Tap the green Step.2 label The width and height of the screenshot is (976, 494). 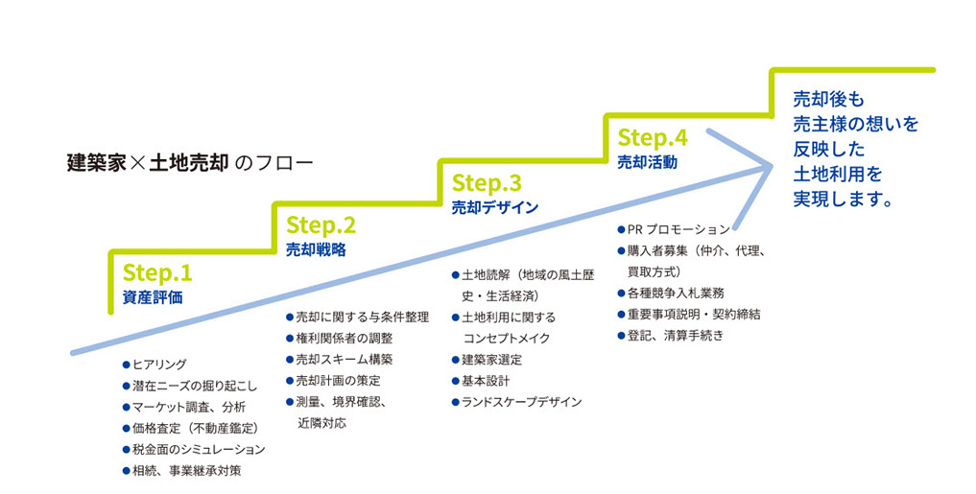point(321,225)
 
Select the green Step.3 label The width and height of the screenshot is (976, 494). point(486,182)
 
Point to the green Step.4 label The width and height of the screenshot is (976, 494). point(652,138)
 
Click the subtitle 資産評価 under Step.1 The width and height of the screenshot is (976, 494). point(152,297)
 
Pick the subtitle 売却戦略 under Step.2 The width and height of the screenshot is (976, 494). point(316,249)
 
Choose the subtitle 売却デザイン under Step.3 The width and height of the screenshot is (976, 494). point(494,206)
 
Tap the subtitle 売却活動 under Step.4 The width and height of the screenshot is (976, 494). point(646,162)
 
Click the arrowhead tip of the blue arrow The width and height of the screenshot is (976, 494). point(773,166)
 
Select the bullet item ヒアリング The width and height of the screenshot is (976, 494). point(158,365)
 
